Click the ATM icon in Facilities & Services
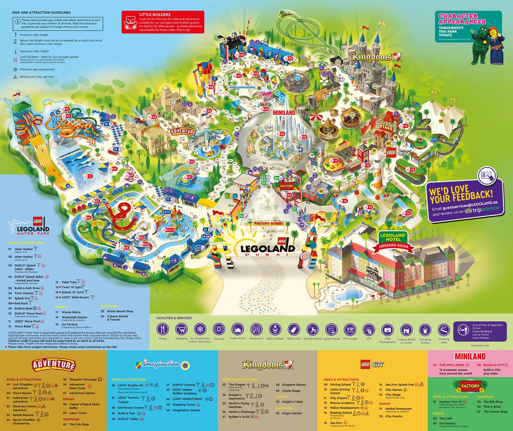[x=369, y=329]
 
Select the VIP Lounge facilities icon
[x=350, y=329]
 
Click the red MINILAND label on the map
[x=284, y=113]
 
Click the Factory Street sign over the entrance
[x=269, y=223]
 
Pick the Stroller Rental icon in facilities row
[x=312, y=329]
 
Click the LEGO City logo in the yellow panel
[x=372, y=364]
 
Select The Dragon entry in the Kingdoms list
[x=237, y=385]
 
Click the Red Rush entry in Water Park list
[x=21, y=303]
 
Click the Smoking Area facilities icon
[x=444, y=329]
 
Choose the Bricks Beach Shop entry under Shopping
[x=120, y=311]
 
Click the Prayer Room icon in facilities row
[x=238, y=329]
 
